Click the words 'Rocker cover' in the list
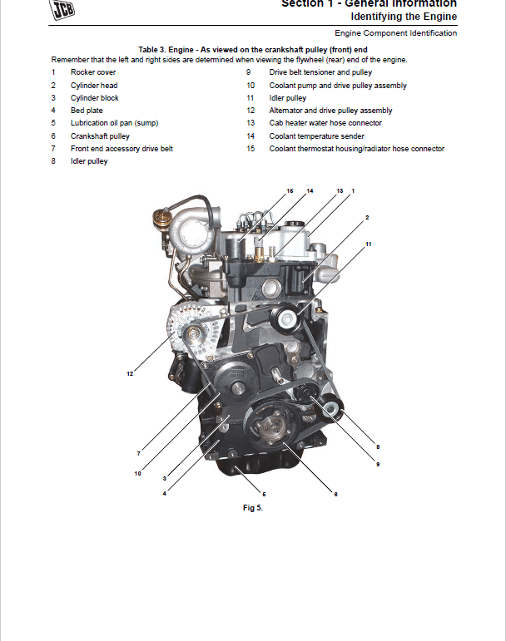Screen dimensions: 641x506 (93, 72)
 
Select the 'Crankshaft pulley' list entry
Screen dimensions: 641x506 (100, 136)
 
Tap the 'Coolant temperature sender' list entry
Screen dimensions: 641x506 (316, 136)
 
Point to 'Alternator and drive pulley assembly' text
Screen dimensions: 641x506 (330, 111)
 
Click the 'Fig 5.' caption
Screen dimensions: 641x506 (253, 508)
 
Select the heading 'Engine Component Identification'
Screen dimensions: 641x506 (395, 33)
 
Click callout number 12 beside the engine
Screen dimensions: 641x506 (130, 374)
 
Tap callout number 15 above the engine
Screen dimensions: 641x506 (290, 191)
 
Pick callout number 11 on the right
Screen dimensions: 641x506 (368, 244)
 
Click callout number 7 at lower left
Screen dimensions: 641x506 (138, 453)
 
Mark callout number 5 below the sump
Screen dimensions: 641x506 (264, 494)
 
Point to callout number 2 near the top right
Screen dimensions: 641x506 (366, 217)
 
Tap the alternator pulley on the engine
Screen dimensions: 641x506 (191, 333)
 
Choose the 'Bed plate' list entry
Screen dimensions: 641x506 (87, 111)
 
